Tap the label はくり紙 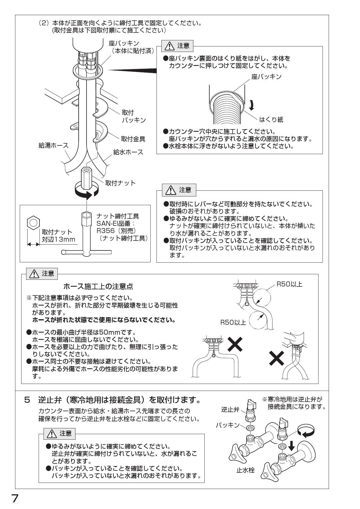point(271,119)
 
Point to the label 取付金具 point(133,139)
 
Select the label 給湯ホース point(53,145)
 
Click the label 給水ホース point(128,152)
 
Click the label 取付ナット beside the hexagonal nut point(120,183)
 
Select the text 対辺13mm point(59,240)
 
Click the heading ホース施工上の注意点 point(98,287)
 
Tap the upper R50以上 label point(289,284)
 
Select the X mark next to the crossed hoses point(277,360)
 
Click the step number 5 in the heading point(27,400)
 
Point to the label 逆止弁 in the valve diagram point(230,409)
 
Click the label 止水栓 point(246,470)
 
